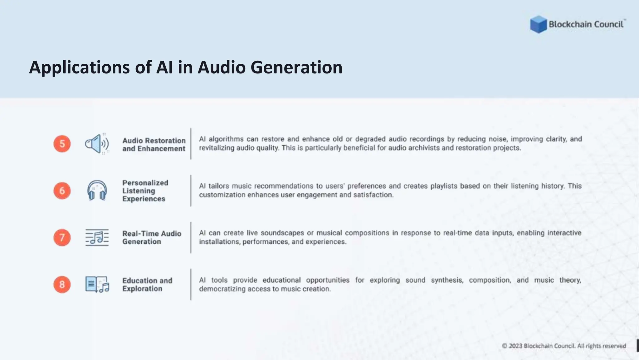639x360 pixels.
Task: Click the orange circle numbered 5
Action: pyautogui.click(x=62, y=144)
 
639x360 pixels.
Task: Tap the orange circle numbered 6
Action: pyautogui.click(x=62, y=191)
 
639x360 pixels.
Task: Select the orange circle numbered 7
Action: pyautogui.click(x=62, y=237)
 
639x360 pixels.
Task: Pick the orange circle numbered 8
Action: pyautogui.click(x=62, y=284)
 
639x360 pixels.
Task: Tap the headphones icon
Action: pyautogui.click(x=97, y=190)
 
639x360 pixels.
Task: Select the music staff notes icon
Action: pyautogui.click(x=97, y=237)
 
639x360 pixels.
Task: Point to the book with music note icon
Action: pyautogui.click(x=97, y=284)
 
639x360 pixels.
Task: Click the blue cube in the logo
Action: pyautogui.click(x=538, y=24)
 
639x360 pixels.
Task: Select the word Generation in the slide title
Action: pyautogui.click(x=296, y=67)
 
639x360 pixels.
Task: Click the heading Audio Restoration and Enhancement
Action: pyautogui.click(x=154, y=145)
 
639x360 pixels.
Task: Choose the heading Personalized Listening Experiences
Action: pyautogui.click(x=145, y=191)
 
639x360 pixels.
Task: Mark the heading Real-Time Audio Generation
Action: pyautogui.click(x=152, y=237)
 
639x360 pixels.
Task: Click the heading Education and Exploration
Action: pyautogui.click(x=147, y=284)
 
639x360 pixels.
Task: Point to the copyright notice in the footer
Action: pyautogui.click(x=564, y=346)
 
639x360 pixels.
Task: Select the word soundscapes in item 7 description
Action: pyautogui.click(x=282, y=233)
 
